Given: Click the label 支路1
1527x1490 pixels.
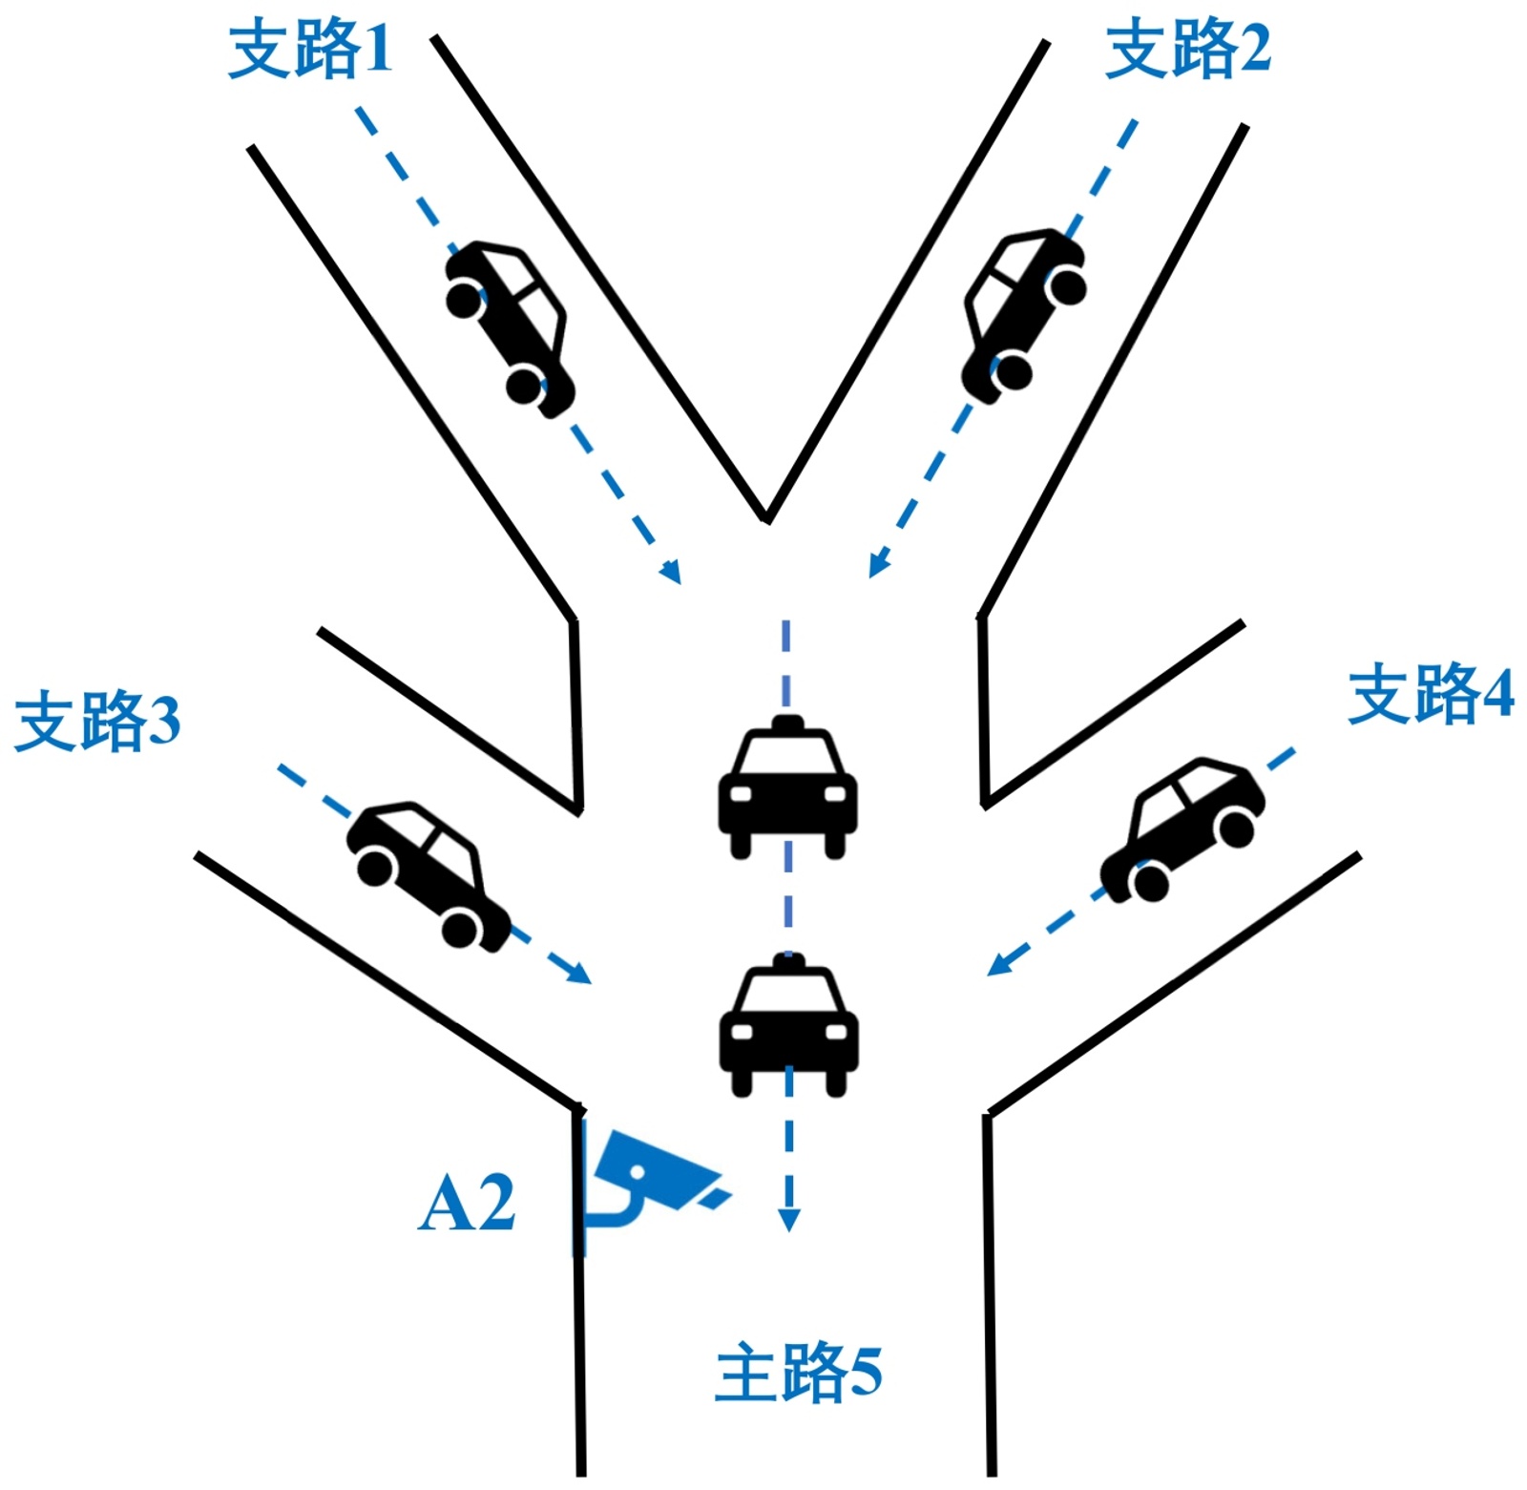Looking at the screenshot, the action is tap(310, 50).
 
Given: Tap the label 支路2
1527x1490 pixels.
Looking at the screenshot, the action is tap(1187, 50).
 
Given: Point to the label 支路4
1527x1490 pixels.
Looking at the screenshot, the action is tap(1430, 694).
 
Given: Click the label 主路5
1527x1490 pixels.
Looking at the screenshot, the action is tap(798, 1373).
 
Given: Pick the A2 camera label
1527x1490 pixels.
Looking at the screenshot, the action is tap(467, 1204).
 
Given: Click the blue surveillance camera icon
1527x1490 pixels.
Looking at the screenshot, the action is tap(654, 1174).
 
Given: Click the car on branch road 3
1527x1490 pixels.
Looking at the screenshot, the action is tap(428, 873).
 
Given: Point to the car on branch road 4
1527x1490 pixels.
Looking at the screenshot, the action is tap(1182, 827).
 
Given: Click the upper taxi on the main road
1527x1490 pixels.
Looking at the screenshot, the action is tap(787, 787).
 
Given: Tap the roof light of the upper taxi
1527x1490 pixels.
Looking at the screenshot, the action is tap(787, 723).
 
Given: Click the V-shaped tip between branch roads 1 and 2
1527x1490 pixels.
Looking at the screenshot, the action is tap(765, 518).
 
